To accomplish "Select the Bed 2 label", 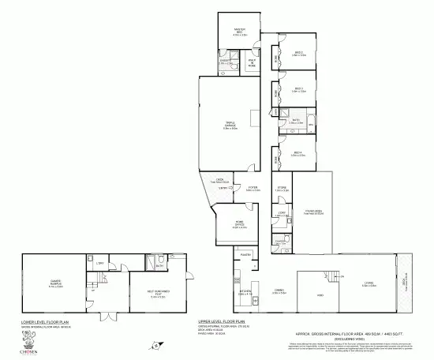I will click(x=297, y=54).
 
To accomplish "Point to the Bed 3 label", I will click(x=298, y=89).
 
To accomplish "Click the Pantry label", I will click(x=245, y=255).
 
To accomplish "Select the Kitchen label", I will click(x=245, y=292).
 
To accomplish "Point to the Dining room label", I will click(x=279, y=291).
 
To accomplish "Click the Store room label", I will click(x=282, y=189).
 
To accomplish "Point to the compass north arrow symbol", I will click(x=158, y=345).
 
